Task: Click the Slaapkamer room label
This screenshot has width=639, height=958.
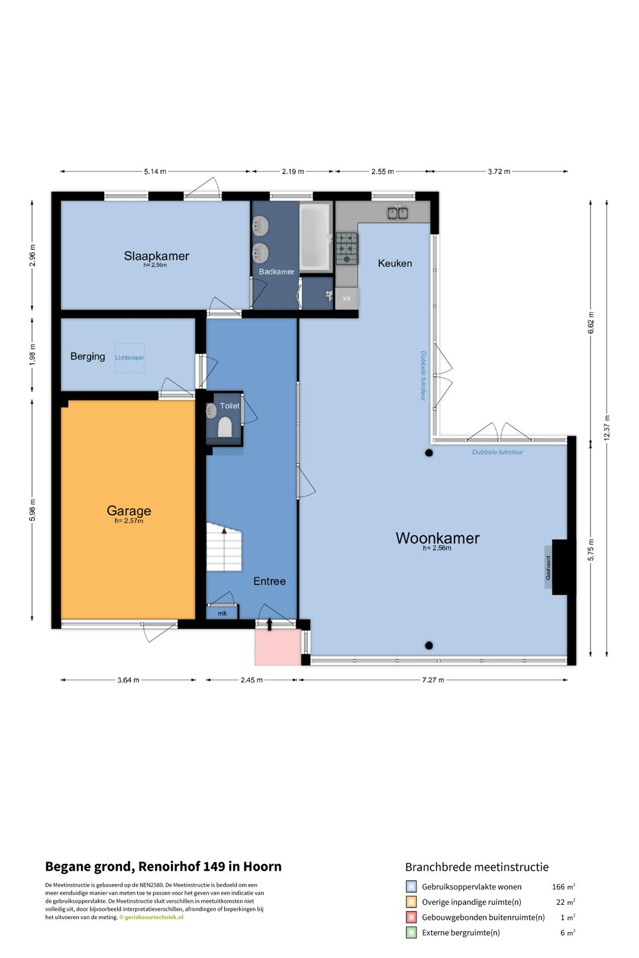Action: click(x=156, y=255)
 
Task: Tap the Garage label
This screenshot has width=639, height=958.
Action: click(x=128, y=511)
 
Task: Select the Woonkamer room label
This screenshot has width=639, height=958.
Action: click(x=437, y=538)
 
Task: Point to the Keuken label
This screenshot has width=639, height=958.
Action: click(x=395, y=263)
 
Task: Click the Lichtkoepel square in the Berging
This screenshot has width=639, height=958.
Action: click(x=129, y=358)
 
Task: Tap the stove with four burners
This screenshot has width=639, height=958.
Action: click(x=346, y=248)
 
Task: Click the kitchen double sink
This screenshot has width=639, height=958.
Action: click(x=398, y=212)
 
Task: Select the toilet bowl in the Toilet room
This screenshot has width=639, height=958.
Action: click(x=225, y=427)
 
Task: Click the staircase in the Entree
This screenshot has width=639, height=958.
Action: click(x=224, y=547)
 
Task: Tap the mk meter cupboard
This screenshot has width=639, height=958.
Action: click(x=222, y=613)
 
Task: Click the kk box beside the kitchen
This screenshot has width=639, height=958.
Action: click(x=347, y=298)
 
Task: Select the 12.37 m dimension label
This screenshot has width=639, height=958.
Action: click(x=606, y=428)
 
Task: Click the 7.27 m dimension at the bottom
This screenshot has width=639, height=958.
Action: click(x=433, y=679)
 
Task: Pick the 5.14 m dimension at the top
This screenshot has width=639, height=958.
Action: click(x=155, y=171)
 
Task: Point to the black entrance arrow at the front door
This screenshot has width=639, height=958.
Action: click(x=270, y=624)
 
